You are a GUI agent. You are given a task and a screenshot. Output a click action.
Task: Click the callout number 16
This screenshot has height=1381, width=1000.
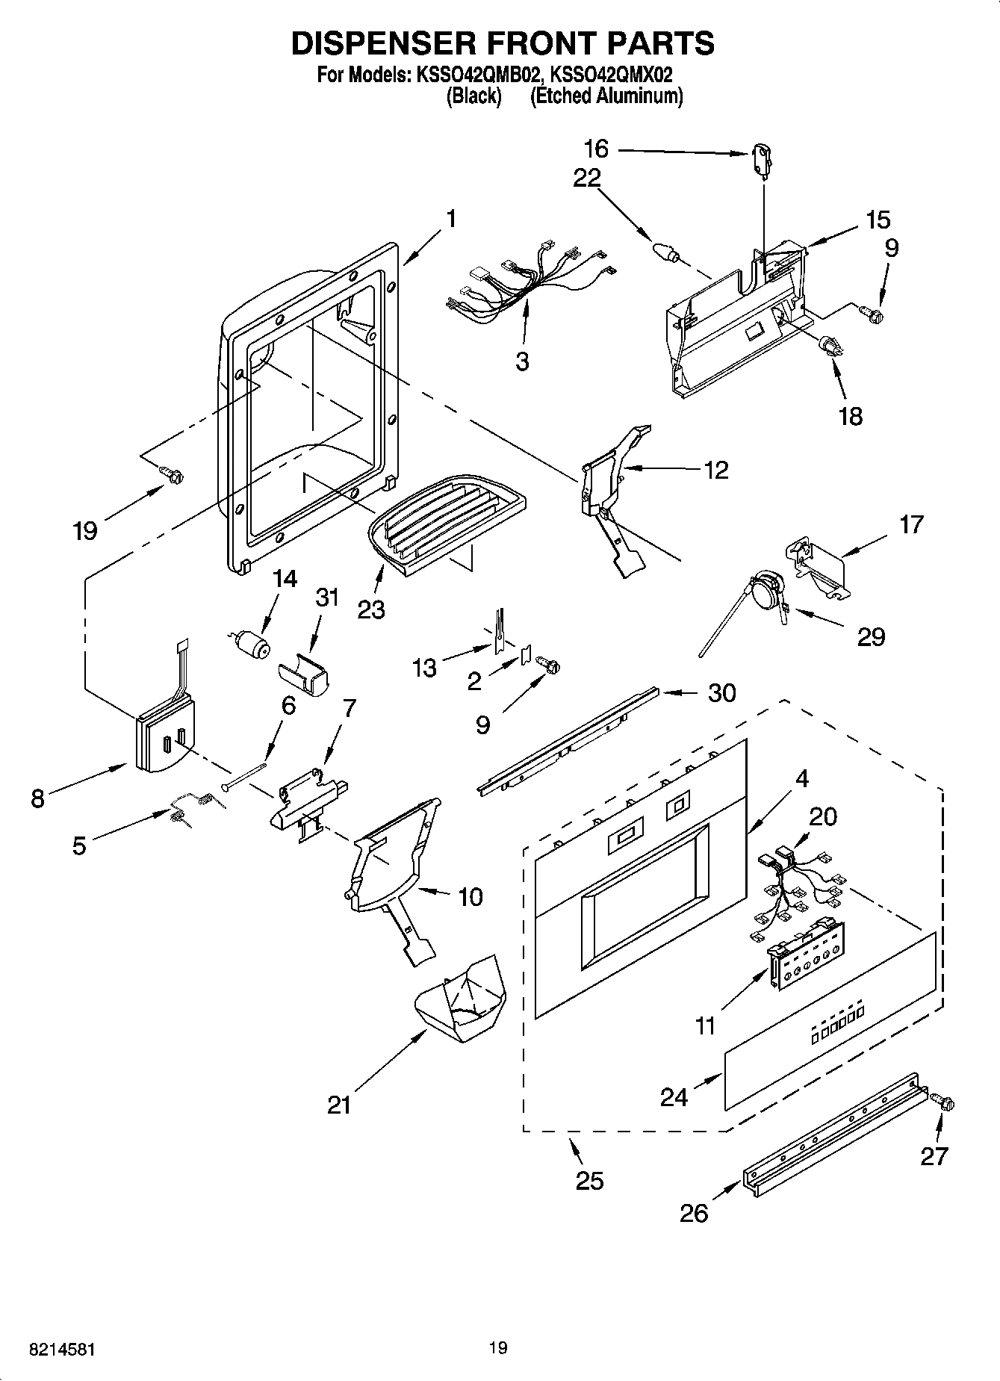[x=595, y=149]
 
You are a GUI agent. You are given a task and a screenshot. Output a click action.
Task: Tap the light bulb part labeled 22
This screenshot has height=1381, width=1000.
[x=666, y=252]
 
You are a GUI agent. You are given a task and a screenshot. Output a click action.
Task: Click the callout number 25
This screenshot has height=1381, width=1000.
[x=588, y=1181]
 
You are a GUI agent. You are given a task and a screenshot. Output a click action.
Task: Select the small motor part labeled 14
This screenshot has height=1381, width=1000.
[x=252, y=645]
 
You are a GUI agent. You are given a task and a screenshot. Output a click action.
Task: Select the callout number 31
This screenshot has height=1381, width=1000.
[x=327, y=598]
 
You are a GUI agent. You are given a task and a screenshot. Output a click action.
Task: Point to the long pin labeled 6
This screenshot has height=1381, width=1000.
[x=245, y=775]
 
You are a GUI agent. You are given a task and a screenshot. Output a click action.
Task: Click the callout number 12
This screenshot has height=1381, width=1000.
[x=715, y=470]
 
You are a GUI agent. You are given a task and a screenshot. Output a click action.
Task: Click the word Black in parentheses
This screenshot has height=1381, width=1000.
[x=473, y=96]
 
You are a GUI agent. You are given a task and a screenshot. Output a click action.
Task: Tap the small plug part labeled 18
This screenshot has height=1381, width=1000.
[x=830, y=347]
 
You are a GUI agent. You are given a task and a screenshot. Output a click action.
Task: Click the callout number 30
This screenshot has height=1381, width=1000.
[x=721, y=693]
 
